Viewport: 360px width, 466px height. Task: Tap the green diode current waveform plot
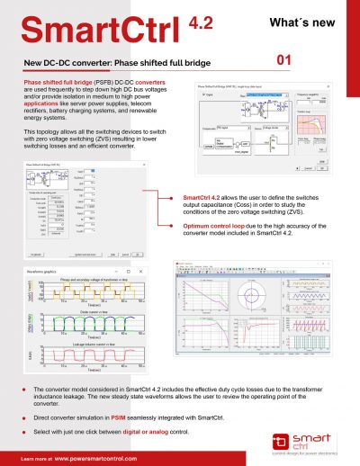(76, 321)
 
